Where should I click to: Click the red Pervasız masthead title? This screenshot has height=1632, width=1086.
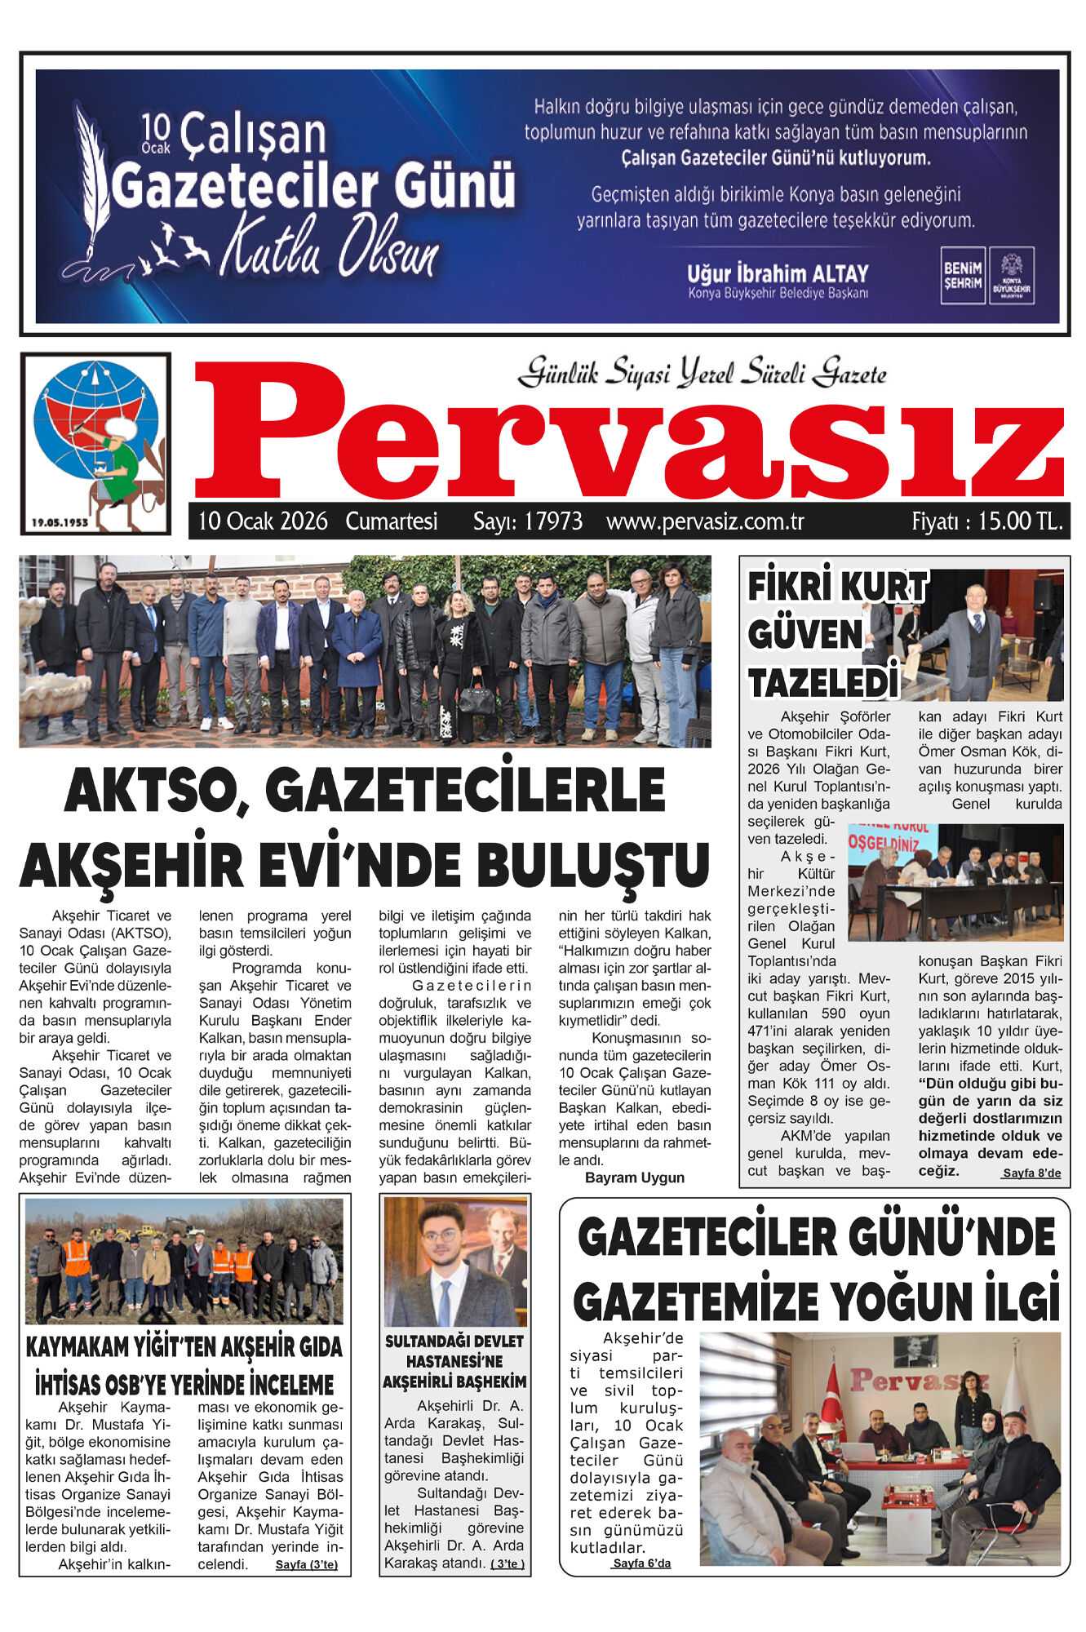(x=628, y=432)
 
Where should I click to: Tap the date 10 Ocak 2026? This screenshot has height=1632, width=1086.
(x=263, y=521)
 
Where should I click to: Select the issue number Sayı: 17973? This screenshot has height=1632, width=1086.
(x=528, y=521)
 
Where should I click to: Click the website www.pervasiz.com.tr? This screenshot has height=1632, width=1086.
(x=705, y=521)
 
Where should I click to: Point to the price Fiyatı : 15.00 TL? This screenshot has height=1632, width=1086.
(x=986, y=521)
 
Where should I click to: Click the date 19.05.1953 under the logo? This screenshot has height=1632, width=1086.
(x=60, y=522)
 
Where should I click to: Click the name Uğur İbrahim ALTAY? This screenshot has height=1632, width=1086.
(x=777, y=273)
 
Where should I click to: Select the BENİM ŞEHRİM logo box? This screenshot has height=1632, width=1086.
(x=962, y=275)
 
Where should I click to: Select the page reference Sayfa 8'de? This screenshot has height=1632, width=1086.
(x=1031, y=1173)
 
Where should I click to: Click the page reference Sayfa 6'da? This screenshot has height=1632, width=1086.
(x=641, y=1563)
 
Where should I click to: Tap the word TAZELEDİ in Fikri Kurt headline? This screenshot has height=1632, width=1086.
(x=822, y=684)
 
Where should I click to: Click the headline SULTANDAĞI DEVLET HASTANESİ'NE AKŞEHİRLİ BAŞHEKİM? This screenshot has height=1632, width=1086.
(x=454, y=1361)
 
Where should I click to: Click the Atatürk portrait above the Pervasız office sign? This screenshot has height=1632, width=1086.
(x=915, y=1350)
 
